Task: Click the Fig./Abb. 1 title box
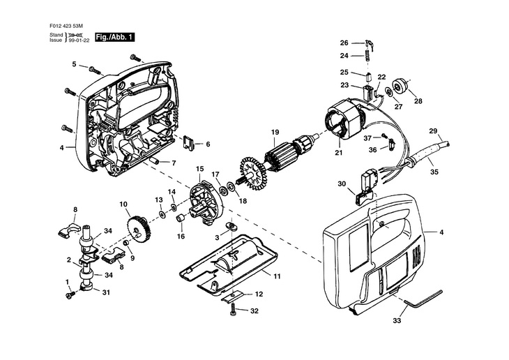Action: (114, 38)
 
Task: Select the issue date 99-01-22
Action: (79, 40)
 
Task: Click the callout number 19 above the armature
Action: (275, 133)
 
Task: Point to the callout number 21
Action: (339, 152)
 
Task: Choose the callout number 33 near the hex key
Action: (397, 321)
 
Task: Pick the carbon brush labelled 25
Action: (368, 77)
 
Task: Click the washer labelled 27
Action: (388, 92)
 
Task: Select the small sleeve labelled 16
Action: (181, 218)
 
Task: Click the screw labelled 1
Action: (70, 294)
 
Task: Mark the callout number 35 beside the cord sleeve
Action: (434, 172)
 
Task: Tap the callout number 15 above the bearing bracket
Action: (199, 169)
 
